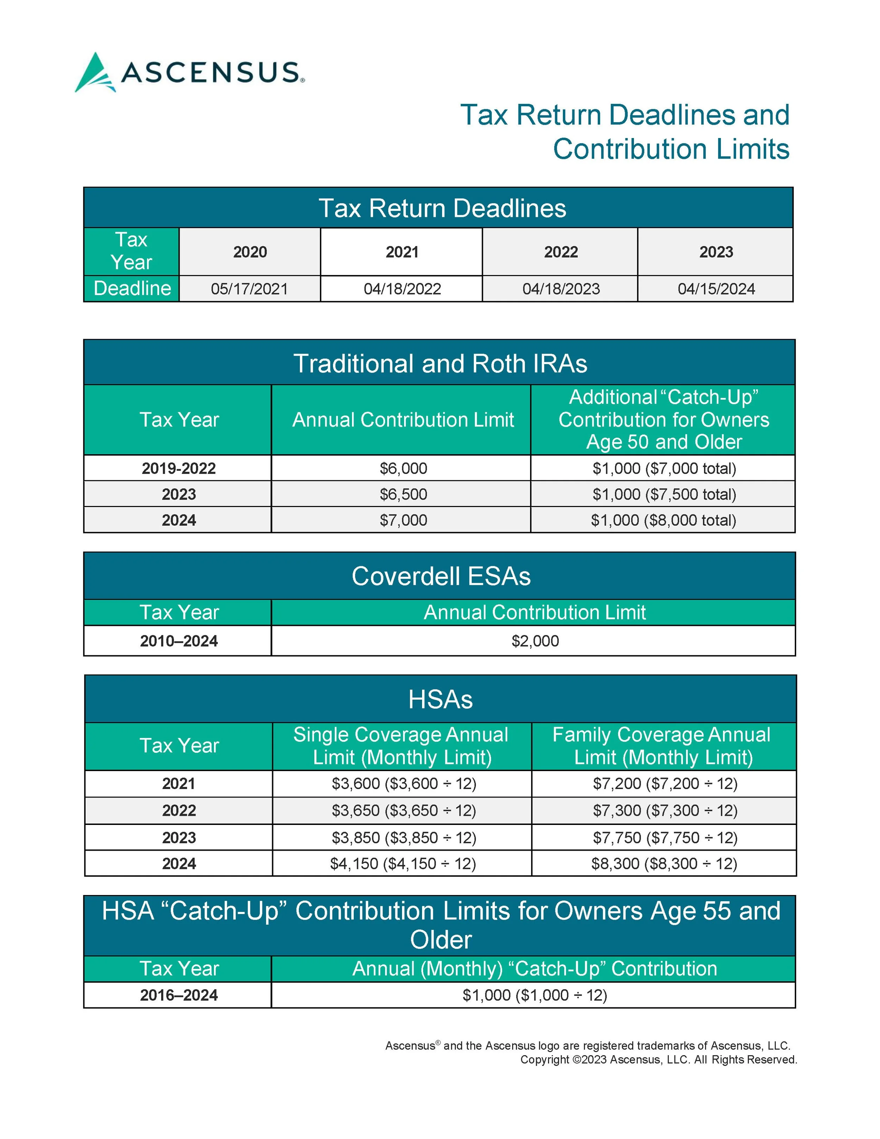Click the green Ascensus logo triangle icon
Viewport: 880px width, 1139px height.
pyautogui.click(x=95, y=73)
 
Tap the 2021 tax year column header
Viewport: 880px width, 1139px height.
pyautogui.click(x=401, y=252)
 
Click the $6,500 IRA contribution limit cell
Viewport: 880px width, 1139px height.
pyautogui.click(x=403, y=494)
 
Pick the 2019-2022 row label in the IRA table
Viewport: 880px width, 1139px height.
pyautogui.click(x=178, y=468)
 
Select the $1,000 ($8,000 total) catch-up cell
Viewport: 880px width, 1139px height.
pyautogui.click(x=663, y=520)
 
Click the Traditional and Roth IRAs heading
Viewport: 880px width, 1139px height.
pyautogui.click(x=440, y=363)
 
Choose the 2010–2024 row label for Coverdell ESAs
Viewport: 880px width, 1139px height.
pyautogui.click(x=178, y=641)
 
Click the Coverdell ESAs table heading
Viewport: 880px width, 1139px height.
pyautogui.click(x=440, y=576)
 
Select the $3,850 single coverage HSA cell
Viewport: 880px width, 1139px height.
pyautogui.click(x=403, y=838)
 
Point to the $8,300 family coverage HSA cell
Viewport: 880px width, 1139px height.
pyautogui.click(x=664, y=864)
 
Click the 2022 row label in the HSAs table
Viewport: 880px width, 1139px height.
pyautogui.click(x=178, y=811)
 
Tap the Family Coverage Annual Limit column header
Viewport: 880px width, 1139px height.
pyautogui.click(x=663, y=746)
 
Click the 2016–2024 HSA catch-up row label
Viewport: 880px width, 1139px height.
pyautogui.click(x=178, y=995)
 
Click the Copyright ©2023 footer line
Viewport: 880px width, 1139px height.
pyautogui.click(x=659, y=1060)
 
